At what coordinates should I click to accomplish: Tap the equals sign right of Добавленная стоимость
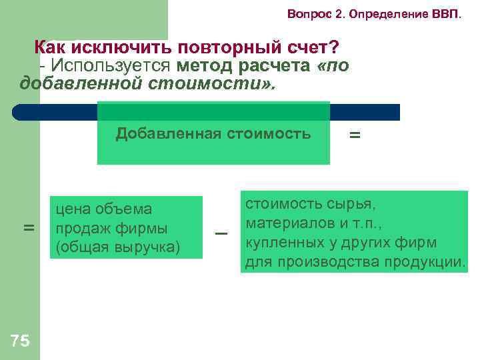pos(355,135)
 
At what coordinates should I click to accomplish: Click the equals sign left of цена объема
pos(29,228)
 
